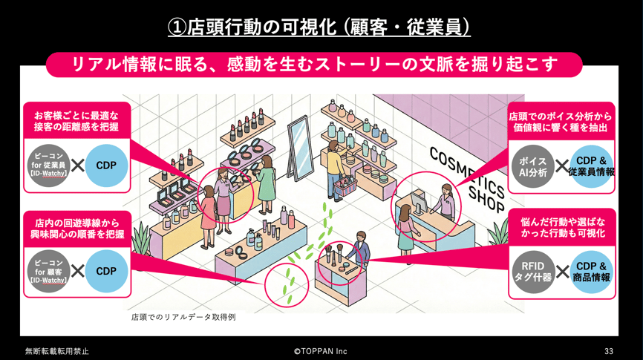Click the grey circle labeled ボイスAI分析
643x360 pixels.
[x=532, y=166]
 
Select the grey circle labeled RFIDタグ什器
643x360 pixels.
[x=532, y=272]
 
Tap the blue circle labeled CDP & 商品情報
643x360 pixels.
[x=591, y=272]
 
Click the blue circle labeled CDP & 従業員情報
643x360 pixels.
[x=591, y=166]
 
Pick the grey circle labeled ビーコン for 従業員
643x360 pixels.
[x=49, y=166]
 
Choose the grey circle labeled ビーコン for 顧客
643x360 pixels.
[x=49, y=271]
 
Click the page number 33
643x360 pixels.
[x=609, y=351]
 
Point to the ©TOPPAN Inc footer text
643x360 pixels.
[x=320, y=351]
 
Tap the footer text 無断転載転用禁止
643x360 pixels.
[x=56, y=351]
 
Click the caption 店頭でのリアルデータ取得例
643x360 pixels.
[x=183, y=317]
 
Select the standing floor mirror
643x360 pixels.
[x=299, y=146]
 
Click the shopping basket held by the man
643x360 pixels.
[x=345, y=187]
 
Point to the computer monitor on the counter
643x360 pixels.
[x=419, y=201]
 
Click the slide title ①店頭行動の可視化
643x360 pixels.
[x=252, y=27]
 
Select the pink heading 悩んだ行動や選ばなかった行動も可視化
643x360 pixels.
[x=562, y=228]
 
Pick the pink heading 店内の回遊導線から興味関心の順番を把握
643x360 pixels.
[x=77, y=229]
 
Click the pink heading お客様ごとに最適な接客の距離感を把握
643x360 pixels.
[x=76, y=121]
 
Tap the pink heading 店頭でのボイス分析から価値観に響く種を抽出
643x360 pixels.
[x=561, y=122]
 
